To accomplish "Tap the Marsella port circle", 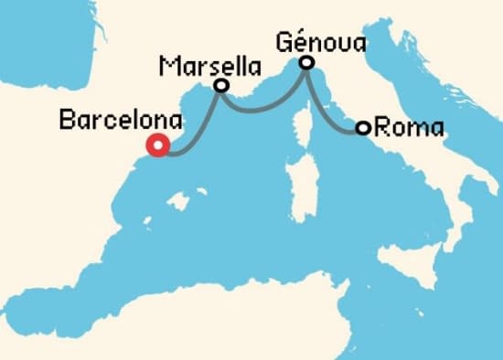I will click(x=220, y=85).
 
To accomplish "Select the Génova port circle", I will click(x=307, y=62).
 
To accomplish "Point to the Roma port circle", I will click(x=363, y=128).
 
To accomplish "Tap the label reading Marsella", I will click(x=208, y=65).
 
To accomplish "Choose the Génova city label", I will click(x=320, y=41).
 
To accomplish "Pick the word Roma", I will click(x=409, y=128).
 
